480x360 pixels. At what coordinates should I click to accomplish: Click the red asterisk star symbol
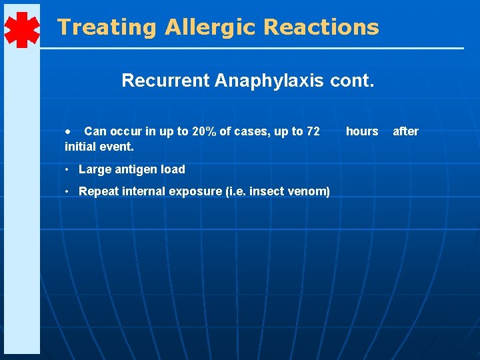tap(21, 30)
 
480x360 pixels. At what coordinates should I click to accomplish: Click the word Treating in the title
tap(107, 27)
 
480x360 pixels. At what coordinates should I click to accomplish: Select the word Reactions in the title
tap(321, 27)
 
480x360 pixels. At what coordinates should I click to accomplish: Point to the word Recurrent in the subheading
tap(165, 81)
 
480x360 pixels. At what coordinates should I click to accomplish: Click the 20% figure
tap(203, 131)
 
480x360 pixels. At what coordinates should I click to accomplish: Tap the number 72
tap(312, 131)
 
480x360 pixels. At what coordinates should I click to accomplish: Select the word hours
tap(362, 131)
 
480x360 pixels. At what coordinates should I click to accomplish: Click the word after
tap(405, 131)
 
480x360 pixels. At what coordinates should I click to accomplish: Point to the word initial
tap(79, 146)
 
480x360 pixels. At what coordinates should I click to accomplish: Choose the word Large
tap(94, 169)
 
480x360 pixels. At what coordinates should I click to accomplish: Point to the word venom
tap(309, 191)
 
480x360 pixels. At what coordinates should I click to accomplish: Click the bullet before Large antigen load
tap(69, 169)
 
